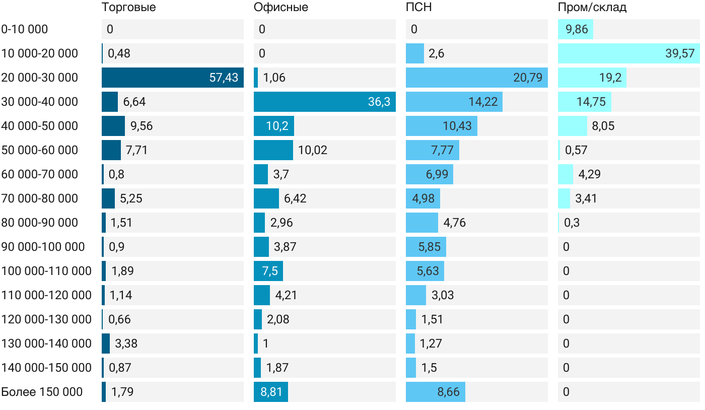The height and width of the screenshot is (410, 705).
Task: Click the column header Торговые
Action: click(128, 8)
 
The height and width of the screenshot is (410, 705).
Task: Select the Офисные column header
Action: click(280, 8)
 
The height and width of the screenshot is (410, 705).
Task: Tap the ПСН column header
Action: click(418, 8)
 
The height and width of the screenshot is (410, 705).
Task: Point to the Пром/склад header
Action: click(592, 8)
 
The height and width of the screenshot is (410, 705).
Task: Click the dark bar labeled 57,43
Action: click(172, 78)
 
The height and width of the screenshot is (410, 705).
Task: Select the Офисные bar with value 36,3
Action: click(324, 102)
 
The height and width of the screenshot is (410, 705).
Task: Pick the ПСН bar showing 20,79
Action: click(476, 78)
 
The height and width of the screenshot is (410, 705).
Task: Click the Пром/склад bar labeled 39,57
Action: click(628, 53)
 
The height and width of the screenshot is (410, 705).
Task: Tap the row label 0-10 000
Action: click(25, 29)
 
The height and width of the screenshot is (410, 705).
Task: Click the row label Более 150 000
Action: click(42, 392)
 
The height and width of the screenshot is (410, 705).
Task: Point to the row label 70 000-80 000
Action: click(40, 198)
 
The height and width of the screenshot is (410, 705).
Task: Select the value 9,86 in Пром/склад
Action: click(577, 29)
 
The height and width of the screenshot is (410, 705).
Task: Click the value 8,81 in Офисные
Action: click(271, 392)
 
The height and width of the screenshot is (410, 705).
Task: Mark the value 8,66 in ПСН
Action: click(449, 392)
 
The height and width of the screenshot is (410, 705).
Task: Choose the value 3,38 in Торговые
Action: click(126, 344)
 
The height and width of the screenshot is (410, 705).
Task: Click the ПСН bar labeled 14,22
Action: click(454, 102)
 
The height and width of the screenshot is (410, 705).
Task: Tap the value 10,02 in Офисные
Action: click(312, 150)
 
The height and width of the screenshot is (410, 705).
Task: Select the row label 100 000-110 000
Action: click(46, 271)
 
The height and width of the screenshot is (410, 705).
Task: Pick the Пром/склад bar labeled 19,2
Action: click(592, 78)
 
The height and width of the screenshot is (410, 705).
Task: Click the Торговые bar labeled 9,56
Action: click(113, 126)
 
